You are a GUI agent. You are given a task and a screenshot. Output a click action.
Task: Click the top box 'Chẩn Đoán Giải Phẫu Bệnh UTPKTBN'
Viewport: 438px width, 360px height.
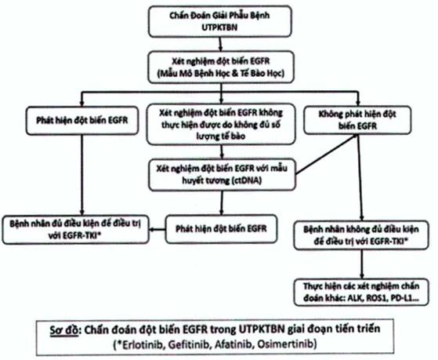[x=220, y=21]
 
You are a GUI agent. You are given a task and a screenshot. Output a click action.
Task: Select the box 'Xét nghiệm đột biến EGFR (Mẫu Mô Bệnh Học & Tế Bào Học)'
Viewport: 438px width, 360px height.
[x=221, y=67]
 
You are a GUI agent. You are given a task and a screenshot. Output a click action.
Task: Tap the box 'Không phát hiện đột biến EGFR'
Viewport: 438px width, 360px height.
[x=357, y=120]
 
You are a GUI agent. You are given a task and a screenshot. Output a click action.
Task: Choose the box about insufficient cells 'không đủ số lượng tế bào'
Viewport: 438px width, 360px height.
[x=221, y=124]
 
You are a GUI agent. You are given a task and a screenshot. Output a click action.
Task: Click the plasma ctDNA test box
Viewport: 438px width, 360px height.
[x=222, y=175]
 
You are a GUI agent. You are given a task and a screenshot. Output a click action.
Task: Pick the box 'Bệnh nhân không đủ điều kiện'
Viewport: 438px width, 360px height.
[x=361, y=235]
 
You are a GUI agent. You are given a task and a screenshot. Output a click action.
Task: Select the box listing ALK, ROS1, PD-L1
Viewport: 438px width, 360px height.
[x=361, y=292]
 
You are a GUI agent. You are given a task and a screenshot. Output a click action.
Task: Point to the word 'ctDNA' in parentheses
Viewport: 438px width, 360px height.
[x=246, y=180]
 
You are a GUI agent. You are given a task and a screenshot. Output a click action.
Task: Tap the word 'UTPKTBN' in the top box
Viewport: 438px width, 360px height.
[x=220, y=27]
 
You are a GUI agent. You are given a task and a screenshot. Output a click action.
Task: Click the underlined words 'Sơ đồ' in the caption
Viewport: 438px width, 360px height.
[x=64, y=329]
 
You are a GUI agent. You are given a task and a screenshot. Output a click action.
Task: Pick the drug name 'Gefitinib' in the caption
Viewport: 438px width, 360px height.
[x=188, y=344]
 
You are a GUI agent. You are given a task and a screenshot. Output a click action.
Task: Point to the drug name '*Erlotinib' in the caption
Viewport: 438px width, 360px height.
[x=138, y=344]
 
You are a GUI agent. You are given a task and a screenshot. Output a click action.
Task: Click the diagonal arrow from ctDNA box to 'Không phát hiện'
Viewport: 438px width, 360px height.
[x=327, y=155]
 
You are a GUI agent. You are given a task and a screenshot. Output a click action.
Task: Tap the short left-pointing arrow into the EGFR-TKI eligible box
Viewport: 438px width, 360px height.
[x=157, y=230]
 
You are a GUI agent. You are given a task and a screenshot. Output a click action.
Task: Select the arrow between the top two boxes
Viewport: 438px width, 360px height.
[x=220, y=44]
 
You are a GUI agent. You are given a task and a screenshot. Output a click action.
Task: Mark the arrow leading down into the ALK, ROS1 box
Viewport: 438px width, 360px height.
[x=362, y=264]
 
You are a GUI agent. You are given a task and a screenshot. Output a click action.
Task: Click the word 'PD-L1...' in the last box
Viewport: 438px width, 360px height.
[x=410, y=298]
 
